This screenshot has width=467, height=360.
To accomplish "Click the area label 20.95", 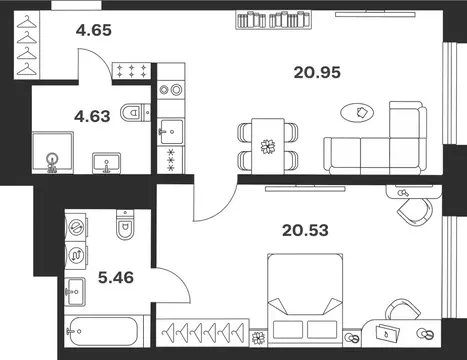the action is (317, 72).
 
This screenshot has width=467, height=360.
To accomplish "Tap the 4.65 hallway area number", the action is (94, 30).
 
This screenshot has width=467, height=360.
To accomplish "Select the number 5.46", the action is (116, 277).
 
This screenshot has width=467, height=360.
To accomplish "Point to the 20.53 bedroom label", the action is (305, 230).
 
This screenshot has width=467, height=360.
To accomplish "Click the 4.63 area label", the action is (92, 116).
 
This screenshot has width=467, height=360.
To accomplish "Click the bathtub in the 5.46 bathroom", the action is (104, 331).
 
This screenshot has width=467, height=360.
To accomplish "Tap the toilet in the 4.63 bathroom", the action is (135, 113).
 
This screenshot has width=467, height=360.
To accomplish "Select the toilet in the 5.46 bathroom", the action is (125, 224).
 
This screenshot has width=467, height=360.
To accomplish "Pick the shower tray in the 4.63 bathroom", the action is (53, 152).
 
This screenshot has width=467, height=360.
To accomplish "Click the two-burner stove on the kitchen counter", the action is (171, 89).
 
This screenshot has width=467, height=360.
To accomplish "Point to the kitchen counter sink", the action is (171, 132).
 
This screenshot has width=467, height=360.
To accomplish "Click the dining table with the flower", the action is (268, 146).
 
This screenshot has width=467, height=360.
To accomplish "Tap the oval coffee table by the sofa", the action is (357, 113).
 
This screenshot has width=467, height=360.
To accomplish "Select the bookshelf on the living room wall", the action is (273, 20).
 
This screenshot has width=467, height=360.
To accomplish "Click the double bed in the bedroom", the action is (305, 300).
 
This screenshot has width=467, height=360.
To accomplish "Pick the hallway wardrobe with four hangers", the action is (27, 45).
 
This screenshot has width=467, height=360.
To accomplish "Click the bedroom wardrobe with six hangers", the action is (203, 332).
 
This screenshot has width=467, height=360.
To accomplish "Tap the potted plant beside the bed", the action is (258, 338).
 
